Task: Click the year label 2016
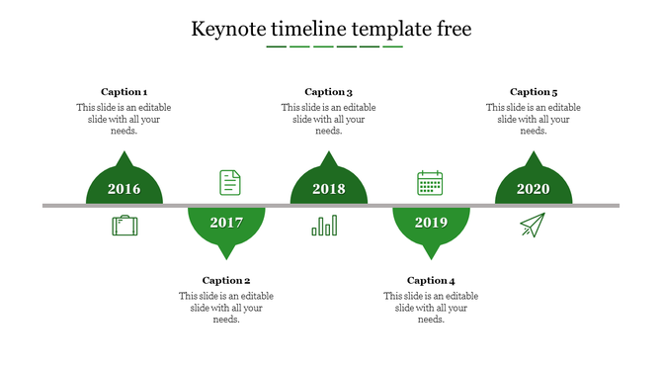(x=124, y=189)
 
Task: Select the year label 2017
(x=226, y=223)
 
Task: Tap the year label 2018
(x=329, y=189)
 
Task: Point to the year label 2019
(x=431, y=223)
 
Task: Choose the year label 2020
(x=534, y=189)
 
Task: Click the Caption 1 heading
(x=124, y=92)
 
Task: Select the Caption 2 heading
(x=226, y=280)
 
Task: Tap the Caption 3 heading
(x=329, y=92)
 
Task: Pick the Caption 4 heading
(x=431, y=280)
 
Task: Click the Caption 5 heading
(x=534, y=92)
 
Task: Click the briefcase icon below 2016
(x=124, y=227)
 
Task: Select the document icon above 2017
(x=229, y=182)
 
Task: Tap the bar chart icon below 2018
(x=324, y=226)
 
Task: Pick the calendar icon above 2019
(x=430, y=183)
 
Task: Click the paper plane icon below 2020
(x=533, y=226)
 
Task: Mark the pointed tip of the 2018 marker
(x=329, y=154)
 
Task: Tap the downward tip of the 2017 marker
(x=226, y=258)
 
